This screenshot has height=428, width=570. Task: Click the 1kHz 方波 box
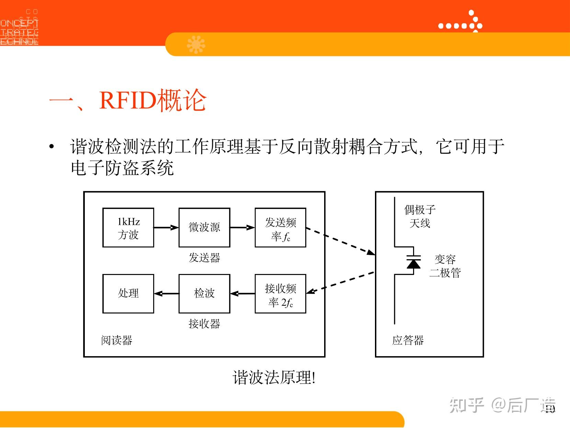pyautogui.click(x=128, y=228)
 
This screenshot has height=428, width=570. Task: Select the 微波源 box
pyautogui.click(x=204, y=228)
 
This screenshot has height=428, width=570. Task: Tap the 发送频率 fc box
pyautogui.click(x=280, y=228)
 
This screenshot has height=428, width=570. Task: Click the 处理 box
pyautogui.click(x=128, y=294)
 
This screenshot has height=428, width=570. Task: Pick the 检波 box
pyautogui.click(x=204, y=294)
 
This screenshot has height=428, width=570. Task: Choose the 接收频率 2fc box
pyautogui.click(x=280, y=294)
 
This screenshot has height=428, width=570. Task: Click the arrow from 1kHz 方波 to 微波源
pyautogui.click(x=166, y=228)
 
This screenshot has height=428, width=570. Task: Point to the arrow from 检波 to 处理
pyautogui.click(x=166, y=294)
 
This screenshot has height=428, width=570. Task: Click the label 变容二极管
pyautogui.click(x=445, y=266)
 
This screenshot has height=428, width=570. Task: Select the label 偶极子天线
pyautogui.click(x=420, y=216)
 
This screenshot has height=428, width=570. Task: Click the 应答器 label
pyautogui.click(x=408, y=340)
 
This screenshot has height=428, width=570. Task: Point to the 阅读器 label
pyautogui.click(x=117, y=340)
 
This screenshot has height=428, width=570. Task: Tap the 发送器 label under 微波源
pyautogui.click(x=204, y=257)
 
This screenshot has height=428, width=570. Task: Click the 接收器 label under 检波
pyautogui.click(x=204, y=323)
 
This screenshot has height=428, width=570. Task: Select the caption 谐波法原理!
pyautogui.click(x=274, y=378)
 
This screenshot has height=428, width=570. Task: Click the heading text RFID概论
pyautogui.click(x=153, y=101)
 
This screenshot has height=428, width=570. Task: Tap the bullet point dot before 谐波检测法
pyautogui.click(x=52, y=147)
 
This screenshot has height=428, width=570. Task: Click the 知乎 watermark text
pyautogui.click(x=467, y=405)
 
